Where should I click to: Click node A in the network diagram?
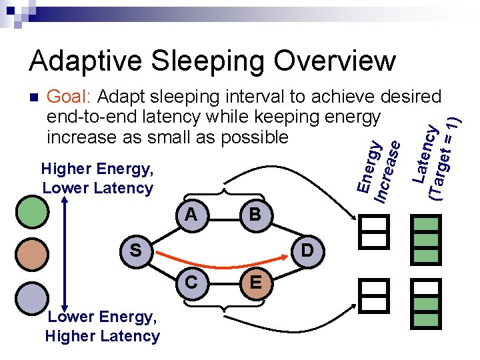click(191, 215)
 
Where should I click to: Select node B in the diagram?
click(255, 215)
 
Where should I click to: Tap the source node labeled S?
click(136, 250)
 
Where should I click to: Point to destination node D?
click(307, 250)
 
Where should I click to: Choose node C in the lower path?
click(191, 283)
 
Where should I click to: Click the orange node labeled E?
click(255, 283)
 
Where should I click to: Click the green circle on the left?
click(31, 210)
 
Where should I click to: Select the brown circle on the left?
click(31, 253)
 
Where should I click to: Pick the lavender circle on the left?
click(31, 295)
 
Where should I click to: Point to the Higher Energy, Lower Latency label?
click(97, 179)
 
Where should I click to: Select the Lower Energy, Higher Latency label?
click(102, 327)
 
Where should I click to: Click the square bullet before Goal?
click(34, 98)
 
